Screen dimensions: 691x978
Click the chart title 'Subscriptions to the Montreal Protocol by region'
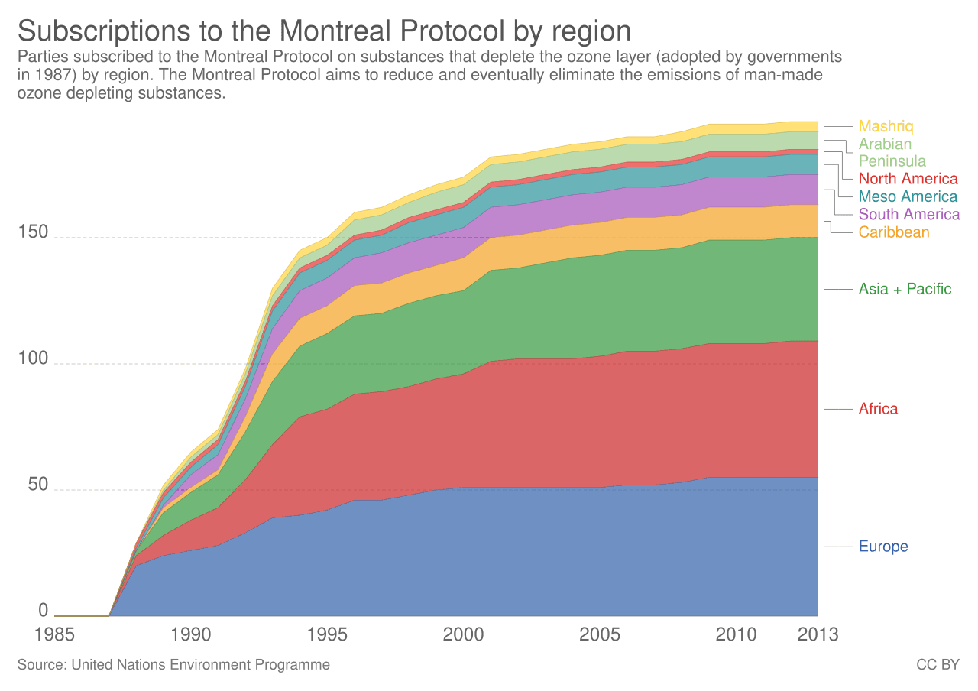click(x=324, y=31)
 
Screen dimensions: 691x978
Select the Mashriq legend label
click(x=886, y=127)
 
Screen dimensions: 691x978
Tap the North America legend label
click(x=908, y=180)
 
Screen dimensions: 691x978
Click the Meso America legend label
click(x=908, y=197)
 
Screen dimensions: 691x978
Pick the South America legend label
click(x=909, y=215)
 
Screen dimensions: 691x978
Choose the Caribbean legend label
click(x=894, y=232)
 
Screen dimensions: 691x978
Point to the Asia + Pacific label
click(x=905, y=290)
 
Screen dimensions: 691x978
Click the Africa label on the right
click(x=878, y=409)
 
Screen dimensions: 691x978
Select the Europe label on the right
click(x=882, y=547)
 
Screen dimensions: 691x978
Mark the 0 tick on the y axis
click(x=44, y=610)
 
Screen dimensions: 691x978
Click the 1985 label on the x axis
click(x=55, y=634)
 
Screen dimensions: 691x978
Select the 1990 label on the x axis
click(x=191, y=634)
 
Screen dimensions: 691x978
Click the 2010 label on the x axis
click(x=736, y=634)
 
